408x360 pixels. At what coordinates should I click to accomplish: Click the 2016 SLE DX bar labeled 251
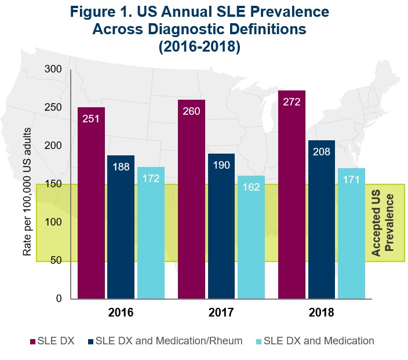(91, 203)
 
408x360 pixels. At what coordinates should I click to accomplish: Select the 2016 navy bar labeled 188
(121, 227)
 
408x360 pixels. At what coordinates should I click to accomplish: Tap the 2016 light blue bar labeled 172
(151, 232)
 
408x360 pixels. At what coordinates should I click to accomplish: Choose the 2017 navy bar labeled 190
(221, 226)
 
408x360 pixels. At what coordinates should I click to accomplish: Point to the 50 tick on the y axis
(56, 261)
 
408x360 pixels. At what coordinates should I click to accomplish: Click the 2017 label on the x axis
(221, 312)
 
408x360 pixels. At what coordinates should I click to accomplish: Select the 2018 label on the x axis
(322, 312)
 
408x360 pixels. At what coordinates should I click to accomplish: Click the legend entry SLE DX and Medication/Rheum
(169, 341)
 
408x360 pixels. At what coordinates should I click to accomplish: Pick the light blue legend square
(257, 341)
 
